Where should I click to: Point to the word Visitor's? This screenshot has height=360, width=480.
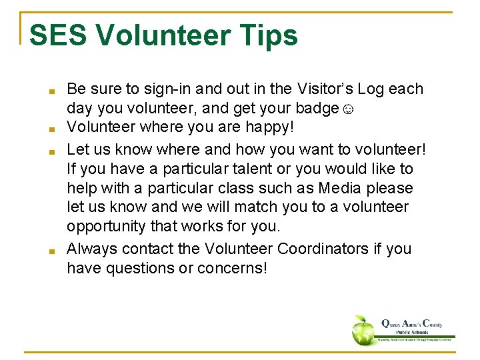pos(326,89)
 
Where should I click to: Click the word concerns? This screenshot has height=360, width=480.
pos(234,268)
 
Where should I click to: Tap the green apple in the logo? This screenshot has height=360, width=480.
pos(364,329)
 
